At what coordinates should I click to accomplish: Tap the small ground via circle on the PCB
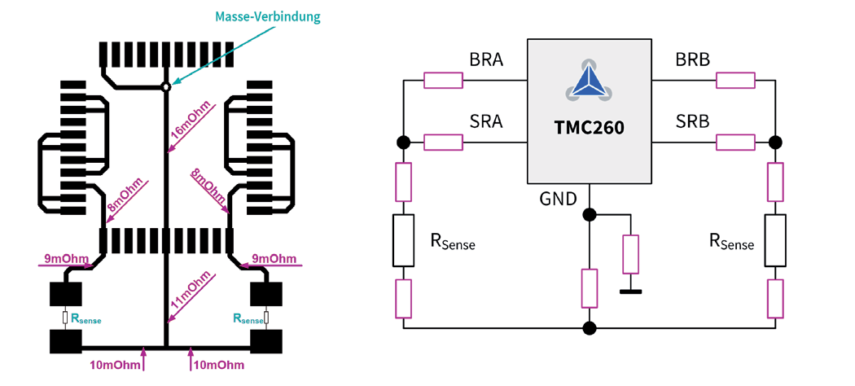point(165,86)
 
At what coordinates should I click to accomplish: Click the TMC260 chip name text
point(590,127)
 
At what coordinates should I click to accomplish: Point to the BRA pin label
point(486,60)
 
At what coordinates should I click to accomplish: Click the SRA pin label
point(486,122)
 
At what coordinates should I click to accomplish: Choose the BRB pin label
point(693,60)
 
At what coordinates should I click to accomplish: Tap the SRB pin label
point(693,122)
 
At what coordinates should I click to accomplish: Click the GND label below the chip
point(558,199)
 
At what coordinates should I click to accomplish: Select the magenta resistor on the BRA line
point(444,80)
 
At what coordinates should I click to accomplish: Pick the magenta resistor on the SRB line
point(735,143)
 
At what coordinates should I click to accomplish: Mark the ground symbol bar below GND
point(629,291)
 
